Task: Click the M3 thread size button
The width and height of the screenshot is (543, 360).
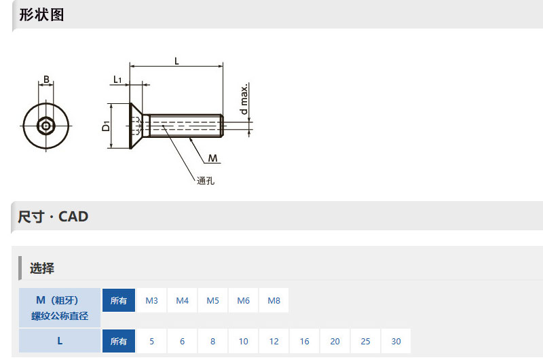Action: pos(151,300)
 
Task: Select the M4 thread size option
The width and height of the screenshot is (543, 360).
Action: pos(182,300)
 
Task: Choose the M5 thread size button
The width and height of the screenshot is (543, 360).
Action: pos(212,300)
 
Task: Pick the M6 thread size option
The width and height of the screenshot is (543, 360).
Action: pos(243,300)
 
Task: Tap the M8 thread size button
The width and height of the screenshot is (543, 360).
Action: pos(274,300)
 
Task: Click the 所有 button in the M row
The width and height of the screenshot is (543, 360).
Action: pos(118,300)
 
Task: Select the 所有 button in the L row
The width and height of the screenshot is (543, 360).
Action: pos(118,341)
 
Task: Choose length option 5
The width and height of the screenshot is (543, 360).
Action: pos(151,341)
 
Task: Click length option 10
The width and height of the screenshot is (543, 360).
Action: pos(243,341)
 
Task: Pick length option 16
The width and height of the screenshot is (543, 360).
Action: pos(304,341)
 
